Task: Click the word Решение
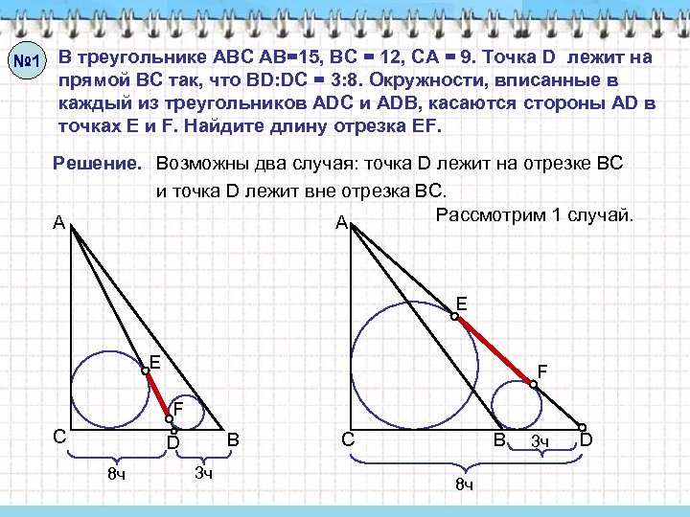99,164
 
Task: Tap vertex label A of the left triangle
59,222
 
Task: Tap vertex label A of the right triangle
341,224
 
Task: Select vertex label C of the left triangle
59,437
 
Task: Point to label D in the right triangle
587,441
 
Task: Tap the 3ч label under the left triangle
202,472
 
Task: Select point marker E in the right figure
455,316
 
